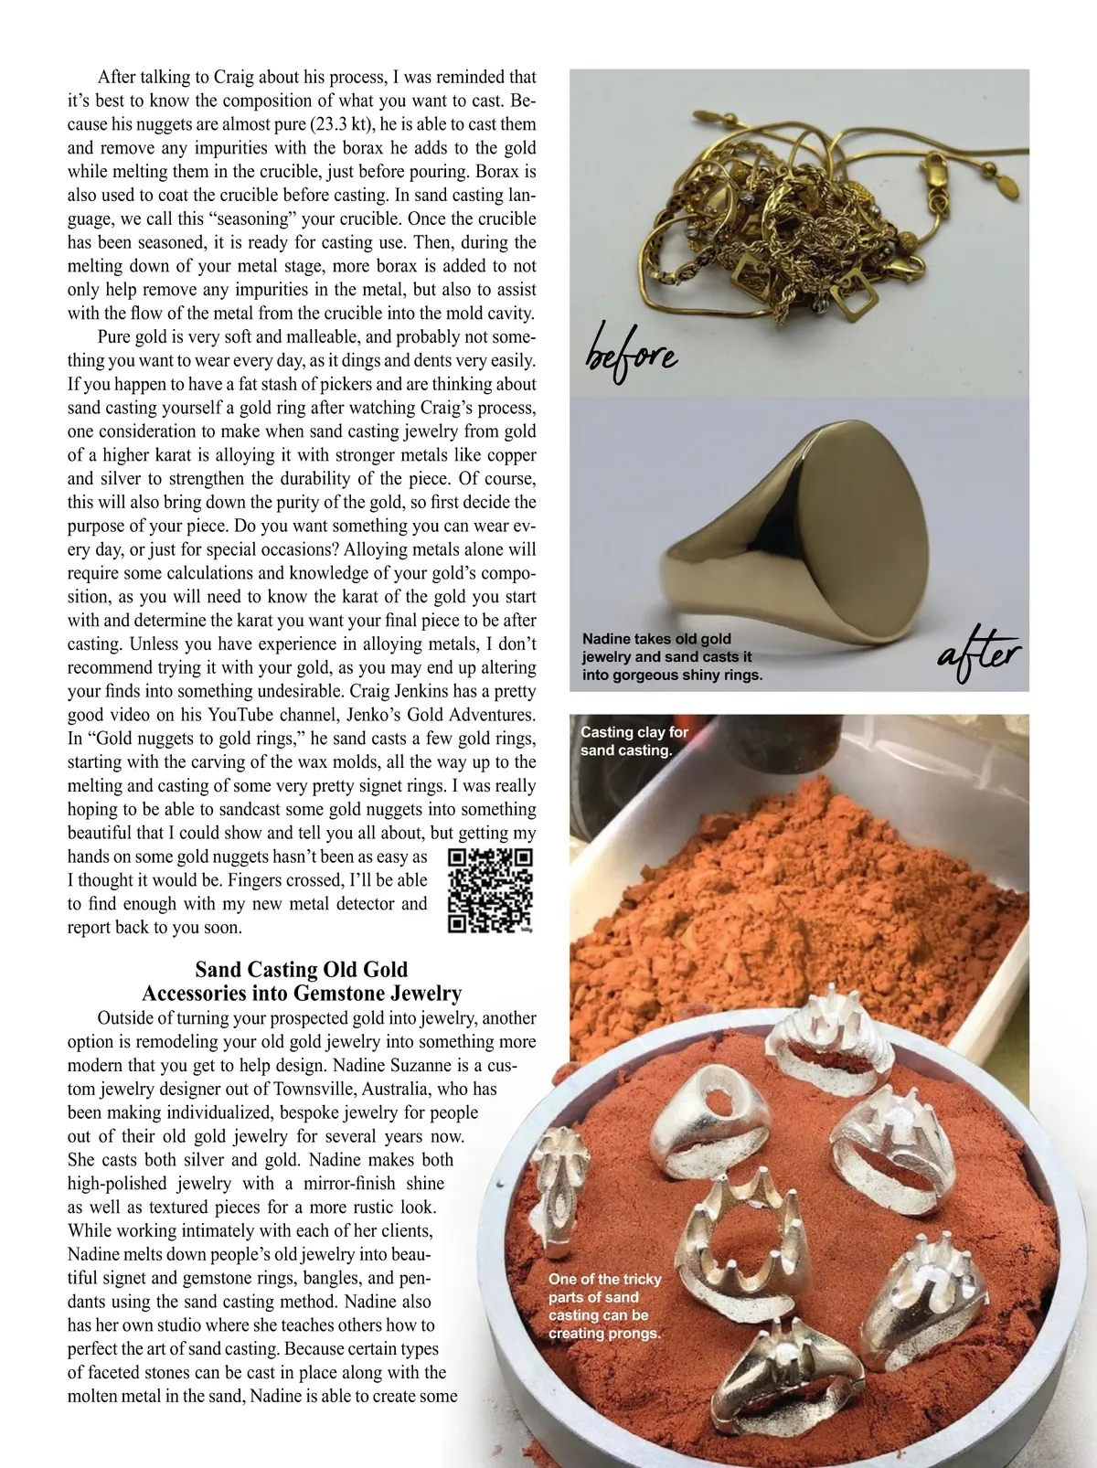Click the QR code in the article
coord(489,891)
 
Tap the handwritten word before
coord(631,352)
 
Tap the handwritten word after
coord(978,656)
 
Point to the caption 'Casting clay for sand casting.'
coord(634,741)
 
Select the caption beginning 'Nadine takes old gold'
coord(672,657)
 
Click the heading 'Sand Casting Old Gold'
coord(302,970)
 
